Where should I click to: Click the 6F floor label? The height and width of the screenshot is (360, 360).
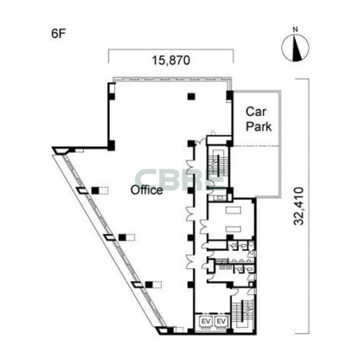(x=58, y=34)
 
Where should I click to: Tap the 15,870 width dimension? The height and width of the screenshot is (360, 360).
(x=171, y=60)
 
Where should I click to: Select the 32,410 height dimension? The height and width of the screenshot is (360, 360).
(x=298, y=206)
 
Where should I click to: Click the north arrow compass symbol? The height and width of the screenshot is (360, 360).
(x=296, y=48)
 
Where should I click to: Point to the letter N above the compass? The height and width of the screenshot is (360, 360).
(x=296, y=29)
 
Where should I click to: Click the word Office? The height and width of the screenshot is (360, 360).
(x=147, y=190)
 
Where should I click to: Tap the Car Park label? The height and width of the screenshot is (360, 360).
(x=259, y=119)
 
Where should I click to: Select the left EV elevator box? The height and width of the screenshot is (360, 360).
(x=206, y=322)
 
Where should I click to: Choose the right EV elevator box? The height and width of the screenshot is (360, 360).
(x=221, y=322)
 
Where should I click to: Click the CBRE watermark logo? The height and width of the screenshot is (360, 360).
(x=179, y=180)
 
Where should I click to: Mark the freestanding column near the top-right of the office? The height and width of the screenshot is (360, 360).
(x=191, y=97)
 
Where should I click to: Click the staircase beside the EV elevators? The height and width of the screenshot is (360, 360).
(x=243, y=314)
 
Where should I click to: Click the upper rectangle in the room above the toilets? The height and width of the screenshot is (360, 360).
(x=233, y=210)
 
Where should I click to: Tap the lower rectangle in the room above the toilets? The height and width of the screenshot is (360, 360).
(x=233, y=229)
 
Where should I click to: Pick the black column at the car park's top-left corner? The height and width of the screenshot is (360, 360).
(x=230, y=96)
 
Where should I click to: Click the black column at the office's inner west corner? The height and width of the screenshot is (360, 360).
(x=111, y=146)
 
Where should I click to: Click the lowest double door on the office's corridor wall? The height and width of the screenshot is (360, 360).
(x=191, y=262)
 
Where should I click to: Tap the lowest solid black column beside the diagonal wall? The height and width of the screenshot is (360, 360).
(x=149, y=285)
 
